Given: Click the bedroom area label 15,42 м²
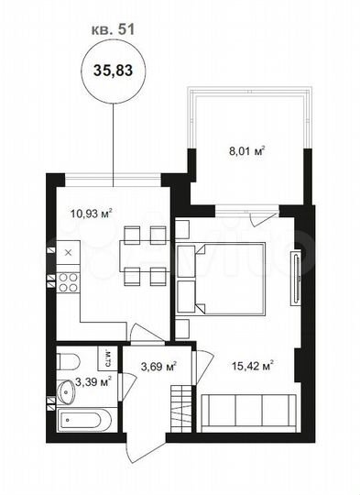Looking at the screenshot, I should [256, 366].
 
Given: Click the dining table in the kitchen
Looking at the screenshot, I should [143, 256].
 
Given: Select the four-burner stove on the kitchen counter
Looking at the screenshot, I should [68, 282].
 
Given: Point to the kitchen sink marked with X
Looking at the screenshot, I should [68, 250].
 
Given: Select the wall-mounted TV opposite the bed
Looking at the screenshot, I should [294, 279].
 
